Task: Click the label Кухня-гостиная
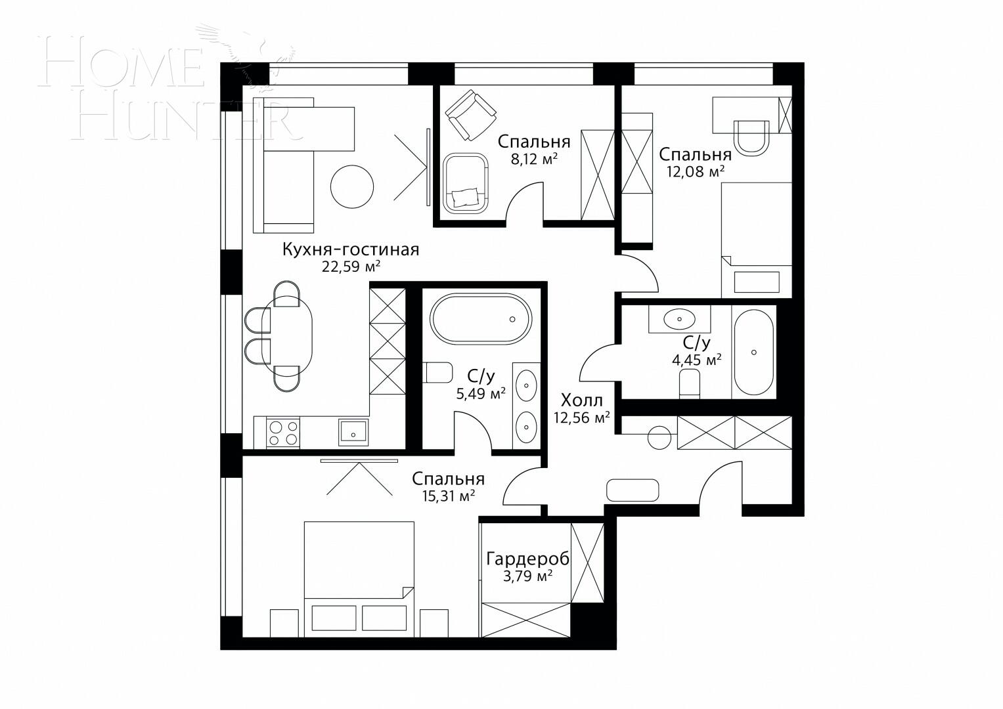point(350,250)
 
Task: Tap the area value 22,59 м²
point(351,267)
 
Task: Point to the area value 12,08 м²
point(695,171)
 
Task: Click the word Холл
point(581,400)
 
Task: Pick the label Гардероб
point(527,559)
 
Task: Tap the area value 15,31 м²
point(449,496)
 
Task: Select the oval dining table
point(287,337)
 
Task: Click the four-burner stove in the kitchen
point(283,433)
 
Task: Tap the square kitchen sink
point(354,433)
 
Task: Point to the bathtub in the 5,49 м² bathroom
point(480,318)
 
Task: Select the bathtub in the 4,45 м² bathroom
point(753,353)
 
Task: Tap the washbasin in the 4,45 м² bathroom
point(679,320)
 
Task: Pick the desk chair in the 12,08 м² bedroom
point(751,138)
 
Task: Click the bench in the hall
point(632,490)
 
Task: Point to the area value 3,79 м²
point(527,576)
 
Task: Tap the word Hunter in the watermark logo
point(184,118)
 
